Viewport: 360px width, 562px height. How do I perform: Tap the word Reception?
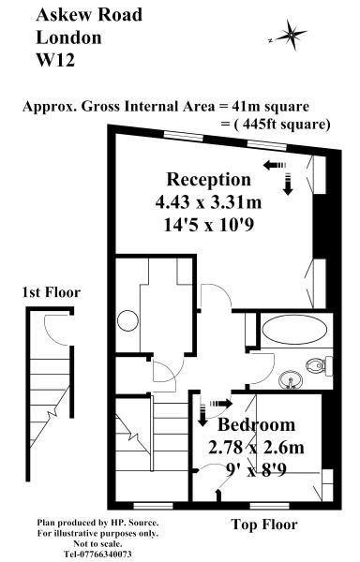click(x=209, y=179)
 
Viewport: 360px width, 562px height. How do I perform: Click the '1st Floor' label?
click(x=51, y=292)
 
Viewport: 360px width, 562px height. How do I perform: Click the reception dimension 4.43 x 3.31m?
click(x=209, y=201)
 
